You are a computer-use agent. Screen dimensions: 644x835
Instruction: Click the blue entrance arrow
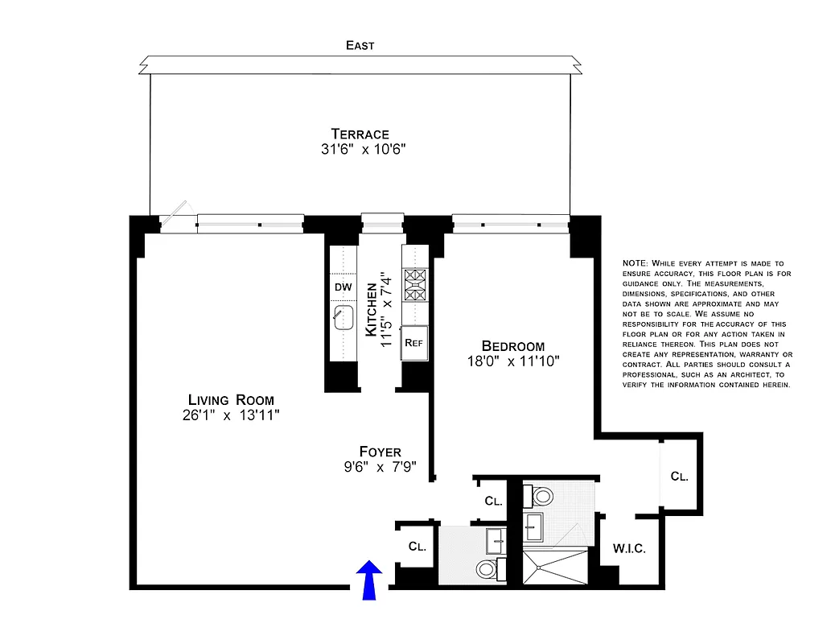pyautogui.click(x=369, y=580)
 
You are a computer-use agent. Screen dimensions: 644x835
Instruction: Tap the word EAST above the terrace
pyautogui.click(x=360, y=46)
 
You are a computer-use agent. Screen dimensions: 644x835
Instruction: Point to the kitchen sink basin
pyautogui.click(x=343, y=317)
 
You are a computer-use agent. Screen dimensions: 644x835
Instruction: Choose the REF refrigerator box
pyautogui.click(x=413, y=342)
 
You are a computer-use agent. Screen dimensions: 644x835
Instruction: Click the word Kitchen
pyautogui.click(x=371, y=309)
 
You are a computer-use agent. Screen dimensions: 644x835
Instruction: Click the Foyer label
pyautogui.click(x=380, y=452)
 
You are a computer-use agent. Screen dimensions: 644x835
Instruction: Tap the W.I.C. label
pyautogui.click(x=629, y=549)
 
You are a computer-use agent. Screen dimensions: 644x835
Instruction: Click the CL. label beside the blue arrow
pyautogui.click(x=417, y=547)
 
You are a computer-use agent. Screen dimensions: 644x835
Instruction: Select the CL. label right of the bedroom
pyautogui.click(x=679, y=476)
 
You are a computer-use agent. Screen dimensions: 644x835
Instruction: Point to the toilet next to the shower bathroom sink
pyautogui.click(x=539, y=495)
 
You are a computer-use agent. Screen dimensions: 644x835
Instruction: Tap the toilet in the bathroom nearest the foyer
pyautogui.click(x=486, y=569)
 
